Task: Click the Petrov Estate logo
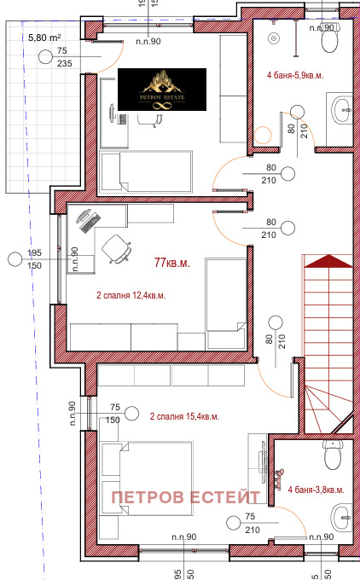point(162,90)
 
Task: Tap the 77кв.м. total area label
point(172,263)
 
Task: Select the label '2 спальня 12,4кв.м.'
point(131,296)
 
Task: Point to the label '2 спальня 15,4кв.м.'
point(184,416)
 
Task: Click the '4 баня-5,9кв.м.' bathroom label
point(295,75)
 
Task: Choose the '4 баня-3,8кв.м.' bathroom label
point(316,490)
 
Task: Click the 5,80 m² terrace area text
point(44,38)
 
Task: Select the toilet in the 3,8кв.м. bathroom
point(333,455)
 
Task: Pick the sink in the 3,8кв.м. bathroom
point(341,517)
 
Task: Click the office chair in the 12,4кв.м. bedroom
point(117,249)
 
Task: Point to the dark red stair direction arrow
point(328,261)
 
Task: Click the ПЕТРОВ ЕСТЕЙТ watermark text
point(186,497)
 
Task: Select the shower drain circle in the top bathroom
point(274,38)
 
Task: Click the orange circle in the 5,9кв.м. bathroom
point(263,135)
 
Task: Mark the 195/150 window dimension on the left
point(34,259)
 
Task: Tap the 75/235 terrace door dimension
point(64,57)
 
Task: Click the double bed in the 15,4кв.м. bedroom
point(147,478)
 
